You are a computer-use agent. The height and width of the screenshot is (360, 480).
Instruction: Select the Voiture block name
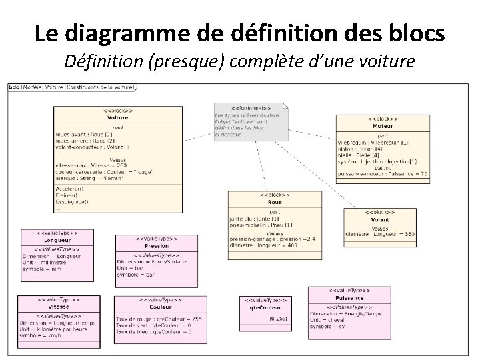pos(118,118)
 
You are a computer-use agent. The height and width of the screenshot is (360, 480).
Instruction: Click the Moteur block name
pos(382,126)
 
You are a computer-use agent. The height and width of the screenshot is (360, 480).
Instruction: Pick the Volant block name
pos(380,220)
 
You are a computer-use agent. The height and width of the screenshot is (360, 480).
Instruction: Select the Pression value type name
pos(156,246)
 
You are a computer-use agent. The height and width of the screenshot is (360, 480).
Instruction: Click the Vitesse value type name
pos(59,307)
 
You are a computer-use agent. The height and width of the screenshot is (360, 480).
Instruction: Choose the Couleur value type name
pos(160,307)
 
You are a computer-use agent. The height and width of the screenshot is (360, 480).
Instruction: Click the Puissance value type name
pos(349,298)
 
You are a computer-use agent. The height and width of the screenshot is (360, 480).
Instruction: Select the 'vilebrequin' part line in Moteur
pos(373,143)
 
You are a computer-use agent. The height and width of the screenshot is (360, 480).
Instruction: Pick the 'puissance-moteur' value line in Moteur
pos(383,173)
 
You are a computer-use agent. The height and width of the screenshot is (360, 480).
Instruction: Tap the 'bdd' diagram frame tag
pos(13,87)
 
